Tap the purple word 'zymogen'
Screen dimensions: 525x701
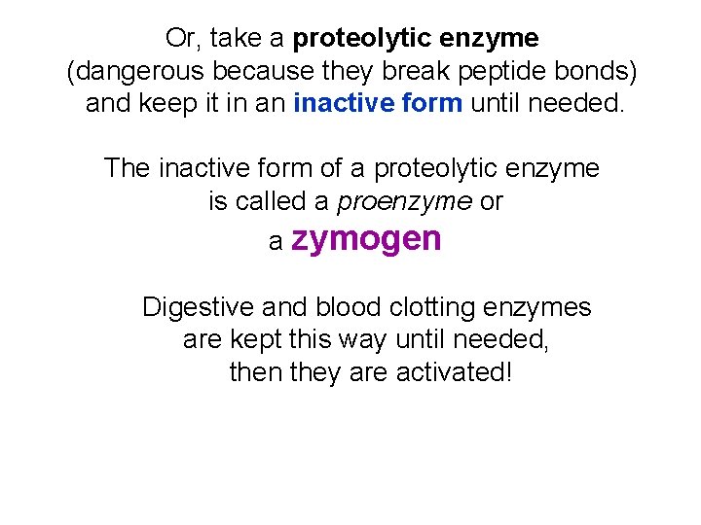click(x=366, y=239)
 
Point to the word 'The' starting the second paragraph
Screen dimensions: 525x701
click(x=128, y=168)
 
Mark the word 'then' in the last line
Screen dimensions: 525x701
click(x=256, y=372)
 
